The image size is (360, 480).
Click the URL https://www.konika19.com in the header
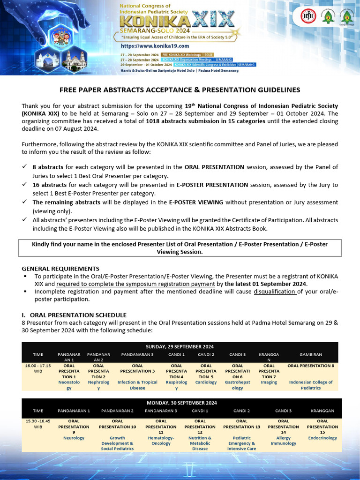click(155, 46)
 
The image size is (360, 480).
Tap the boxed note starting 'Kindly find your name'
click(180, 248)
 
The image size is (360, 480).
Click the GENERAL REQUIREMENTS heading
click(60, 269)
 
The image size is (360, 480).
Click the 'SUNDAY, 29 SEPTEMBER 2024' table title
click(180, 346)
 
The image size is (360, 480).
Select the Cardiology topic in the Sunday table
click(206, 382)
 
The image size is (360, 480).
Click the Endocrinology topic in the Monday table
click(322, 438)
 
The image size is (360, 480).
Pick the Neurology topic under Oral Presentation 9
click(74, 438)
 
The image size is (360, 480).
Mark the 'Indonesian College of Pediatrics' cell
click(310, 385)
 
